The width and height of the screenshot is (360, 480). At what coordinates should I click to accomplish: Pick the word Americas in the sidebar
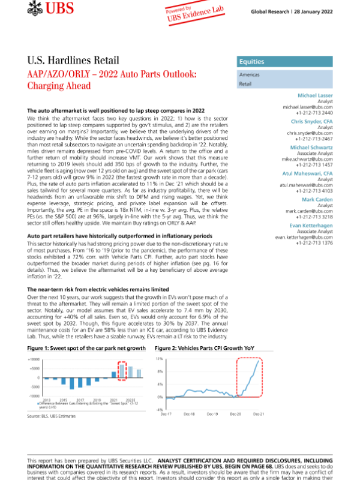(250, 74)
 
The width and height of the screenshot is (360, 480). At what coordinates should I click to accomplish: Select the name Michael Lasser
(316, 95)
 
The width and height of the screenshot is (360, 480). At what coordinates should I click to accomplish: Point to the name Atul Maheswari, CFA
(311, 173)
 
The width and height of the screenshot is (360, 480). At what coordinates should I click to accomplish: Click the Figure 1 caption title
(87, 347)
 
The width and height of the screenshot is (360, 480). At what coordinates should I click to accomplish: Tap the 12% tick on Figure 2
(160, 359)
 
